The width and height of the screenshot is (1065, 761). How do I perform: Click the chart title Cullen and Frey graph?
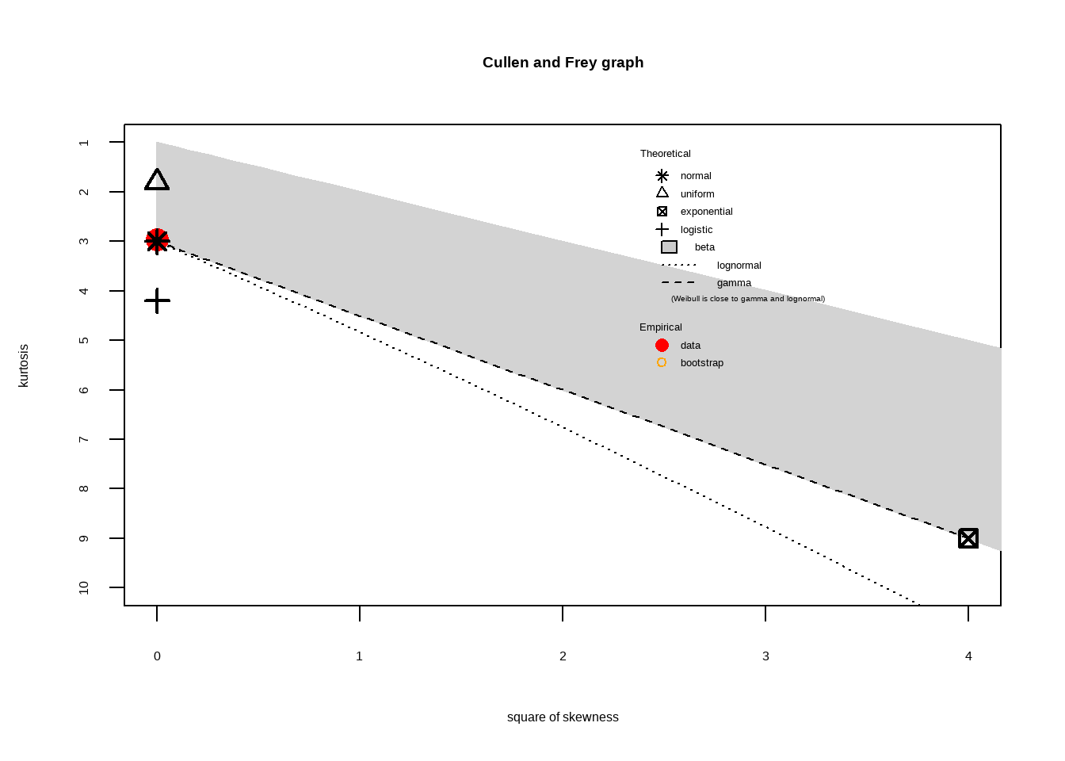tap(563, 63)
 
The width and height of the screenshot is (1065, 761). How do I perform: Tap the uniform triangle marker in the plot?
tap(157, 181)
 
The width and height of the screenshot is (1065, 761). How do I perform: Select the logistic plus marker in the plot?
tap(157, 300)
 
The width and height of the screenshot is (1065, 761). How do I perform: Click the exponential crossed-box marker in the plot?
tap(968, 538)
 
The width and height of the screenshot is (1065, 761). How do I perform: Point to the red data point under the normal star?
tap(157, 240)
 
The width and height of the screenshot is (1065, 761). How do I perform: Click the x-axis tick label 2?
tap(563, 656)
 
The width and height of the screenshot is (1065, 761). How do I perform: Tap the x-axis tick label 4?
tap(968, 656)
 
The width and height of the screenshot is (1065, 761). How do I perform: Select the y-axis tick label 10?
tap(84, 587)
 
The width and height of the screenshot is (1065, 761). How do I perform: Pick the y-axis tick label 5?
tap(84, 340)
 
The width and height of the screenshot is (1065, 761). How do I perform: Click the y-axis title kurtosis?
tap(24, 365)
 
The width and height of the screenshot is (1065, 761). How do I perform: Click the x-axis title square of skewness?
tap(563, 717)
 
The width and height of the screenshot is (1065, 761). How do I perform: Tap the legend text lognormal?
tap(739, 266)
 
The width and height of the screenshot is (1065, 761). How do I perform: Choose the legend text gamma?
tap(734, 283)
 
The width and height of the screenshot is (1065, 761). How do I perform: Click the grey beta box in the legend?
tap(669, 247)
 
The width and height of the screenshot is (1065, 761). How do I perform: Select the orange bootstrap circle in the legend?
tap(662, 363)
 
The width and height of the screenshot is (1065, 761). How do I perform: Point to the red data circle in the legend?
tap(662, 346)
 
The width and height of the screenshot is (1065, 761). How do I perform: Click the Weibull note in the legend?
tap(747, 299)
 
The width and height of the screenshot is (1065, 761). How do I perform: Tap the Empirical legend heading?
tap(661, 327)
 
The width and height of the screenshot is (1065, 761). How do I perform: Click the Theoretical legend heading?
tap(666, 154)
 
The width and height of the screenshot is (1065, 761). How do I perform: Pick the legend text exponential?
tap(706, 212)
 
